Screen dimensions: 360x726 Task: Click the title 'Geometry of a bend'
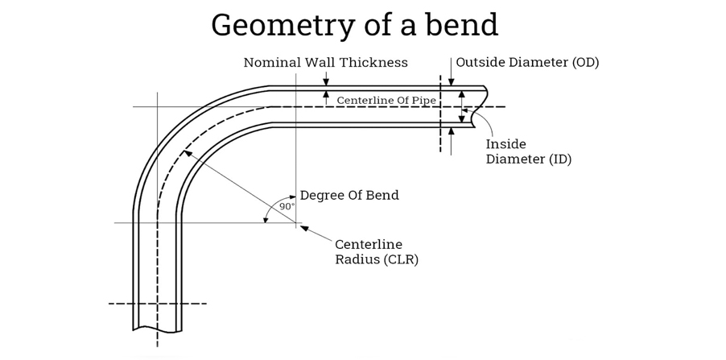(x=354, y=25)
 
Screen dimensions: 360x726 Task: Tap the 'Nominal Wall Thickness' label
(x=325, y=63)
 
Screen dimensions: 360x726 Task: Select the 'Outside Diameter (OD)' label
(x=527, y=62)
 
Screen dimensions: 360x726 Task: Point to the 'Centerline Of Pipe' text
(x=386, y=101)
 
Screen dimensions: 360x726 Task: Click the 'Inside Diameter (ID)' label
(x=528, y=151)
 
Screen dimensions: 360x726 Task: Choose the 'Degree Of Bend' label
(x=349, y=195)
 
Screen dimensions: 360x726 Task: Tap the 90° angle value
(x=287, y=207)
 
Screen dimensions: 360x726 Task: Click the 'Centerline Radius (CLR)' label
(x=376, y=252)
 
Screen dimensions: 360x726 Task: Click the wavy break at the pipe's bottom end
(x=157, y=329)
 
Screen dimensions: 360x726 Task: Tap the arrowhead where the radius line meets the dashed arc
(x=187, y=152)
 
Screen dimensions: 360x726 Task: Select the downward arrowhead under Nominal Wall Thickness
(x=325, y=81)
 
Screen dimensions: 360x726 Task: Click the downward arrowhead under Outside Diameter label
(x=452, y=81)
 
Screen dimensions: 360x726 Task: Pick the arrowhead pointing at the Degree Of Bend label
(x=292, y=197)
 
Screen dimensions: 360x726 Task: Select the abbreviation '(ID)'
(x=560, y=159)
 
